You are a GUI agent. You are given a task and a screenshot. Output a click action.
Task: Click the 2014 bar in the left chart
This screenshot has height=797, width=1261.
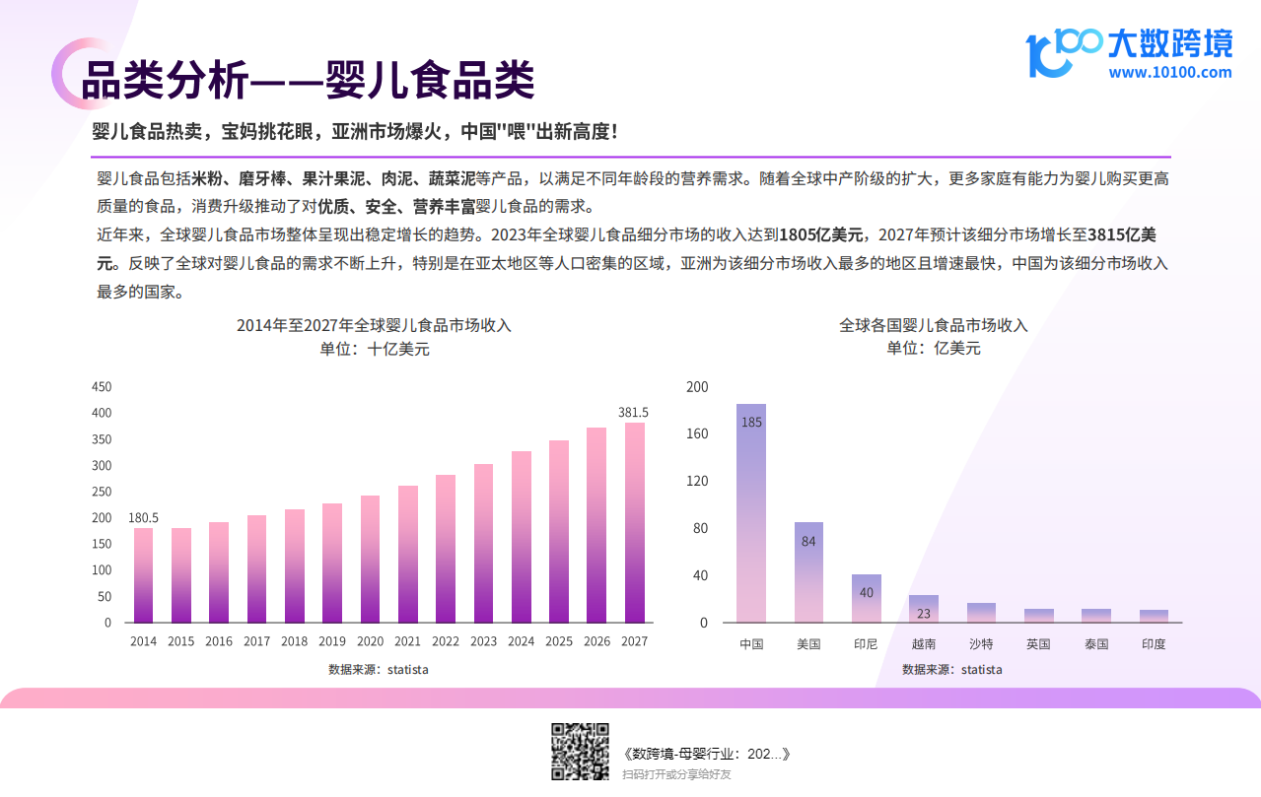(x=143, y=575)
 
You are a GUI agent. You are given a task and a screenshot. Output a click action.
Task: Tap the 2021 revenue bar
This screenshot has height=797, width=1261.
(x=408, y=554)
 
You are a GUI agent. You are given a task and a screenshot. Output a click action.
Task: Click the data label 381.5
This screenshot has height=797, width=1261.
(x=633, y=412)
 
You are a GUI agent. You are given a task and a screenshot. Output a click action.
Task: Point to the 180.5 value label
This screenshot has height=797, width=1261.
(x=143, y=517)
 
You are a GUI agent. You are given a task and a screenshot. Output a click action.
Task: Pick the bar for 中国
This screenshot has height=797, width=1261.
(x=751, y=512)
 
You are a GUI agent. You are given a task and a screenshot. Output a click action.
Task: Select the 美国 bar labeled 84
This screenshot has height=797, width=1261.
(x=808, y=571)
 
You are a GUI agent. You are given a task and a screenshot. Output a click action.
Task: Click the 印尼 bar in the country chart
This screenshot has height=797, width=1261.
(x=867, y=598)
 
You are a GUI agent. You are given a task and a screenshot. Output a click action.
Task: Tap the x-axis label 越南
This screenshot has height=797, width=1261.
(x=924, y=644)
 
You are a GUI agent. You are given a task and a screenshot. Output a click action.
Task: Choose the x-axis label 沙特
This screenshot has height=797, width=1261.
(x=981, y=644)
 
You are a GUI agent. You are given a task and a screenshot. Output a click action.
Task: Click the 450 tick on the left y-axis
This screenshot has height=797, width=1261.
(x=102, y=386)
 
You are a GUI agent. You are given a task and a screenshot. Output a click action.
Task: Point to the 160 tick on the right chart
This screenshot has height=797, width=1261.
(x=697, y=433)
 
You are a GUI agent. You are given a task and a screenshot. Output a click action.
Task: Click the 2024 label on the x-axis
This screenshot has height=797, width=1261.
(x=522, y=641)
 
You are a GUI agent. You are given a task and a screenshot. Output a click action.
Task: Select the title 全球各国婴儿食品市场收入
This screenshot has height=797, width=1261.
(x=933, y=325)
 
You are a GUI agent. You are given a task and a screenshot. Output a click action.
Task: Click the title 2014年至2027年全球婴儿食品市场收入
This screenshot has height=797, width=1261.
(x=374, y=325)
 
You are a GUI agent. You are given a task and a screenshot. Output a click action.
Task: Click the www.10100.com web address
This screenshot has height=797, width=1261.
(x=1169, y=72)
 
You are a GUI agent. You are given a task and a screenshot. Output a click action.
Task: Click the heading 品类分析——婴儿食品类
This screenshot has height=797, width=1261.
(x=308, y=80)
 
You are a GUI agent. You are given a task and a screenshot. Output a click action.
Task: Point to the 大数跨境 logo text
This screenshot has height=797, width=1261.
(x=1169, y=43)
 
